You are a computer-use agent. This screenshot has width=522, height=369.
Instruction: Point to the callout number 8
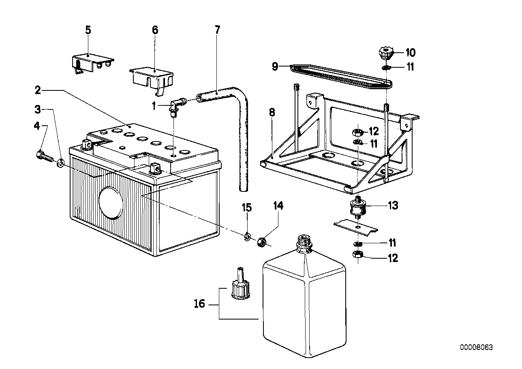coord(272,112)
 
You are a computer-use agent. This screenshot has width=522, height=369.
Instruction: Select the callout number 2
coord(38,90)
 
